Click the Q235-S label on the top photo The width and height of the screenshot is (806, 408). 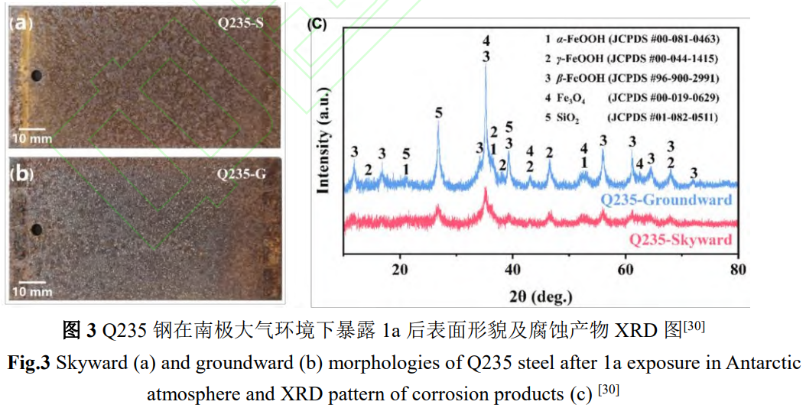point(241,23)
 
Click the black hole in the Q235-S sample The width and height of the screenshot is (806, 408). point(36,76)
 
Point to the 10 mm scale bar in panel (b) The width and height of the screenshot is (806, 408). point(31,285)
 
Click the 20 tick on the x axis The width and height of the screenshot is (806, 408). point(399,270)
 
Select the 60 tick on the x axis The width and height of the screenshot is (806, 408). point(626,270)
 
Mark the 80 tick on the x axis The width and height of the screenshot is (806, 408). point(738,270)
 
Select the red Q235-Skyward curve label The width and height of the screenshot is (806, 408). point(680,240)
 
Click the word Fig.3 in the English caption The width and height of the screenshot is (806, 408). point(28,362)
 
